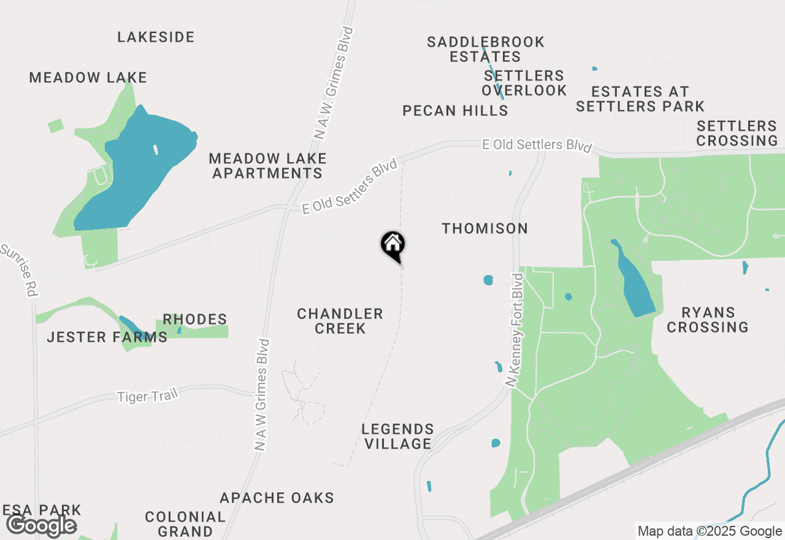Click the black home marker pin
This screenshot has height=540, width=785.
coord(392,245)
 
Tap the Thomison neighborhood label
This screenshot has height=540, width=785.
coord(484,228)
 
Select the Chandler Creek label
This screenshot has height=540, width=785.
coord(340,321)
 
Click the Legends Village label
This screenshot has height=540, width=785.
coord(397,436)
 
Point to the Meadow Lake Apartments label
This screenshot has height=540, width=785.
coord(267,166)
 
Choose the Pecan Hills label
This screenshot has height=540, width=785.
coord(455,110)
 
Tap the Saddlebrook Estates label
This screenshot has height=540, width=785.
coord(485,49)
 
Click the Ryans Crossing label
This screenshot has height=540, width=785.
coord(708,320)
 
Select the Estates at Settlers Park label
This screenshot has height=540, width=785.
coord(640,99)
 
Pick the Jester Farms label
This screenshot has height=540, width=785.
coord(107,337)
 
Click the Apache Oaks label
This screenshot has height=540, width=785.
coord(277,497)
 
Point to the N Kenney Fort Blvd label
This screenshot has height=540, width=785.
coord(516,330)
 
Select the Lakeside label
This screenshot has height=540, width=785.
coord(156,37)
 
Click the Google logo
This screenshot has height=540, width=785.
coord(42,526)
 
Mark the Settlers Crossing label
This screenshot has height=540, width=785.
coord(737,133)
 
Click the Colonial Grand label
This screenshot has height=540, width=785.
coord(185,524)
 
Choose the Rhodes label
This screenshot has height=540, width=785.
coord(194,319)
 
